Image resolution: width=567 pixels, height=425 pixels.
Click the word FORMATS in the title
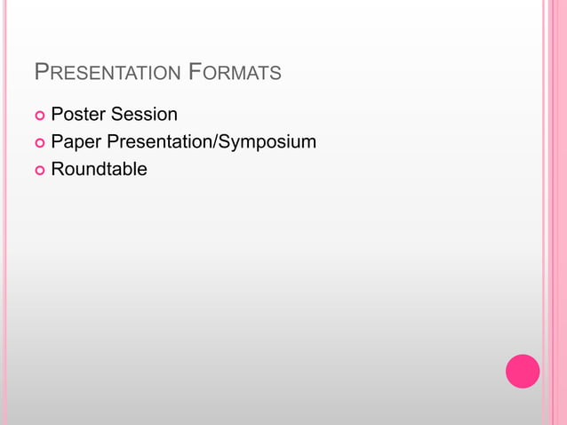click(x=236, y=73)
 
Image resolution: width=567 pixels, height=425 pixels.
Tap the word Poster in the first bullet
click(x=77, y=115)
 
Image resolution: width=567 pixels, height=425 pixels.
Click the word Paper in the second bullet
click(x=76, y=141)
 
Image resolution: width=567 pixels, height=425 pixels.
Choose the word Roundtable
click(x=99, y=169)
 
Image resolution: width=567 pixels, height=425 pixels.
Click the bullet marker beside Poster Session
click(x=39, y=116)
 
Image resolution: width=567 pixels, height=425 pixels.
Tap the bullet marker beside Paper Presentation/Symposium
click(x=39, y=143)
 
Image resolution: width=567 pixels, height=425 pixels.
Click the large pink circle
click(x=523, y=371)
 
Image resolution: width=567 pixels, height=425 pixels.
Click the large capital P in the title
click(x=41, y=72)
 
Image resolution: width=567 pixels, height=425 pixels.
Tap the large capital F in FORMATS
click(x=196, y=72)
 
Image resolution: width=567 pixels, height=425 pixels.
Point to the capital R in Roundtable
click(x=58, y=169)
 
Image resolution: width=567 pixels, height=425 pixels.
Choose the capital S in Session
click(x=116, y=115)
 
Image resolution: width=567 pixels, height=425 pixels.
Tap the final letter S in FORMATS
click(x=276, y=74)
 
